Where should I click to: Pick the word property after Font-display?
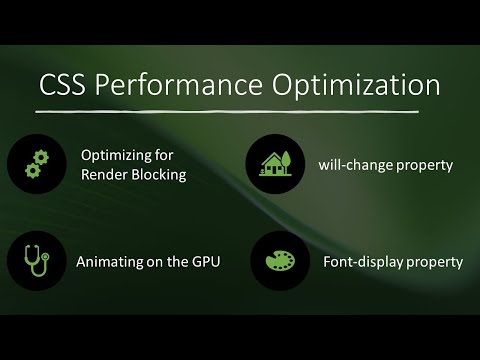tap(435, 263)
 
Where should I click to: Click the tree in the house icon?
tap(288, 160)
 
